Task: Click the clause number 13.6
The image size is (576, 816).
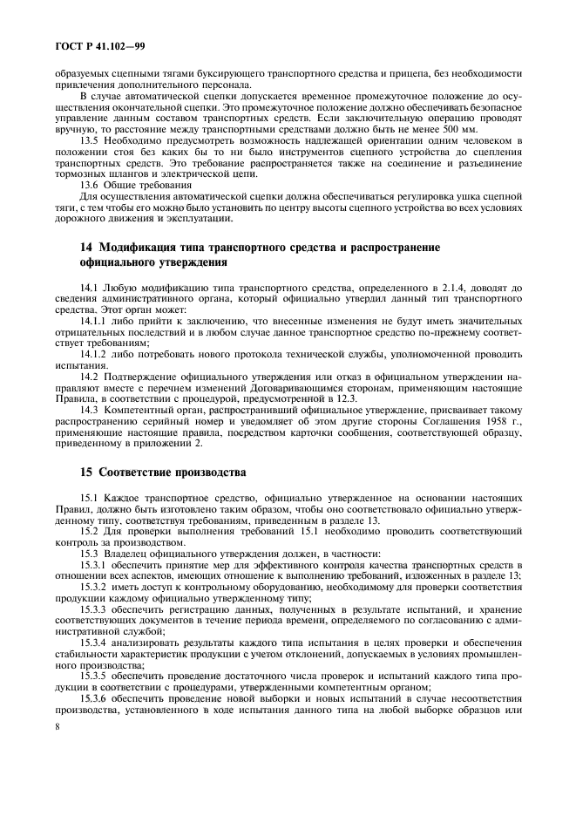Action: pos(91,185)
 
